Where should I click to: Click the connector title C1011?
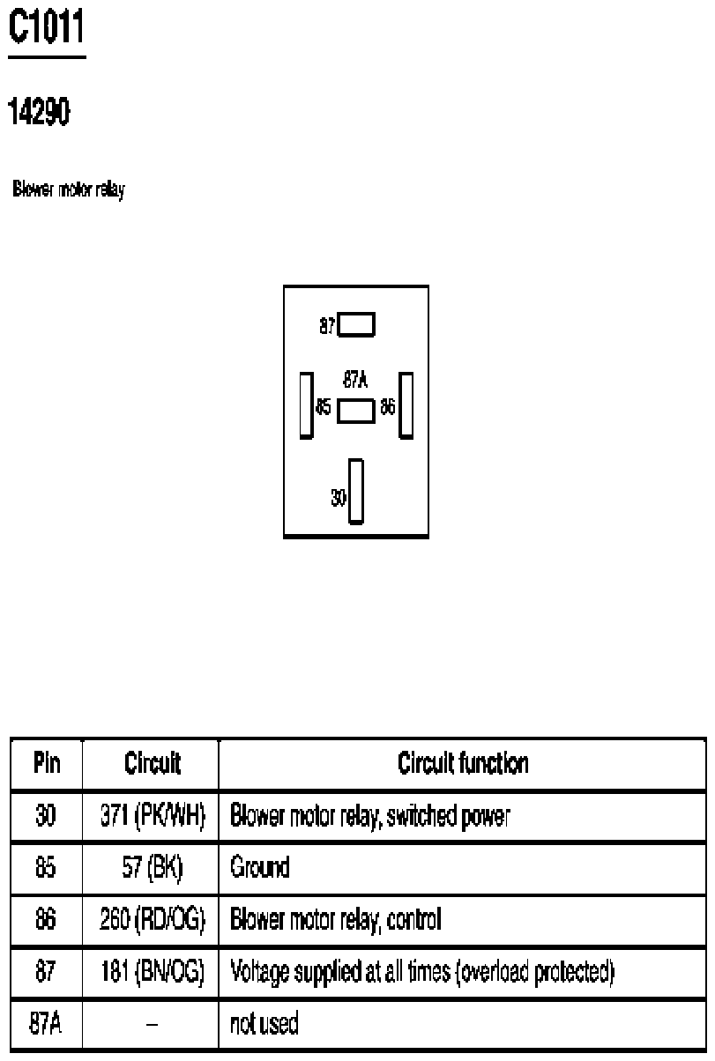pos(47,26)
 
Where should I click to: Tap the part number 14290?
pos(40,112)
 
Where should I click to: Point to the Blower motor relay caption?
pos(69,189)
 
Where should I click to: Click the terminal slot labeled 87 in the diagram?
pos(356,324)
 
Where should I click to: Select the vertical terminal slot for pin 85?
pos(307,405)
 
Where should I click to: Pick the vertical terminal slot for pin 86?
pos(406,405)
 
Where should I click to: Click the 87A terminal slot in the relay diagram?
pos(356,412)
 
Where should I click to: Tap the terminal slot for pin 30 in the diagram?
pos(356,492)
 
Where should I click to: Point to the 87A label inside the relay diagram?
pos(355,380)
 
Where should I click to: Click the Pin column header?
pos(47,763)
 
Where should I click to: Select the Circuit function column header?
pos(463,763)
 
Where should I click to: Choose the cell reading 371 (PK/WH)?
pos(153,816)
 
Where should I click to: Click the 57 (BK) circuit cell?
pos(153,867)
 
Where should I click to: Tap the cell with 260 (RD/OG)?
pos(153,919)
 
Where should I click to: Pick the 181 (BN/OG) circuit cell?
pos(153,971)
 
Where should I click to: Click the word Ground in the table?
pos(260,867)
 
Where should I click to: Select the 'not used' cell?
pos(264,1022)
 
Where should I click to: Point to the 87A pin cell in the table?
pos(46,1022)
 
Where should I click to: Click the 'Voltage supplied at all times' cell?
pos(422,971)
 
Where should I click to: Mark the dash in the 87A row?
pos(153,1024)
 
